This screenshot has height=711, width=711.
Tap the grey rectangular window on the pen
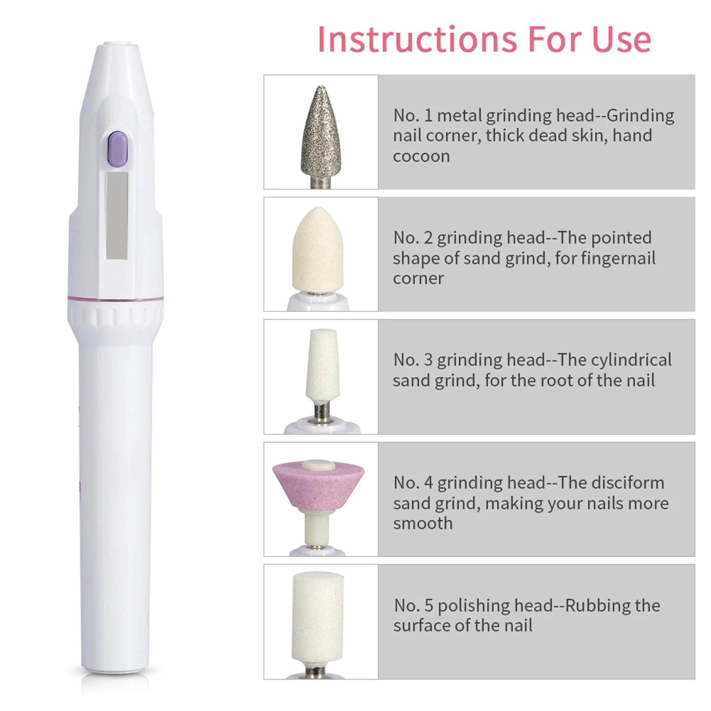tap(117, 215)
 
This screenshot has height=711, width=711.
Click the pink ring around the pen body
tap(115, 298)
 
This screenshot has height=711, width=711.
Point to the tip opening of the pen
tap(116, 44)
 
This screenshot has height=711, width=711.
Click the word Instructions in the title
tap(417, 40)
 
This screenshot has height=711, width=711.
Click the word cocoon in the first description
tap(421, 156)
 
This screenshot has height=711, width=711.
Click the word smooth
tap(423, 523)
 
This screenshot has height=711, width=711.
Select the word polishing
tap(473, 606)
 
